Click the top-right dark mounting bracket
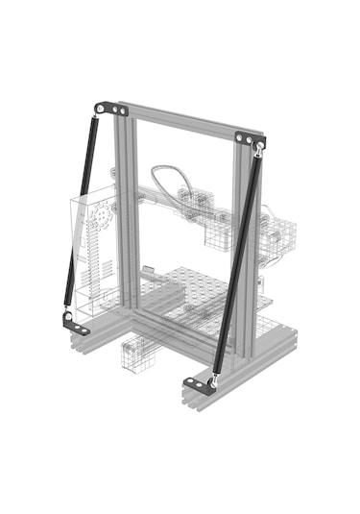(250, 139)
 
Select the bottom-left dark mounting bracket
(76, 325)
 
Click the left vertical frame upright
(126, 211)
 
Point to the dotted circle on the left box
(98, 220)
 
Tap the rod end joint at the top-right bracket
(259, 151)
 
